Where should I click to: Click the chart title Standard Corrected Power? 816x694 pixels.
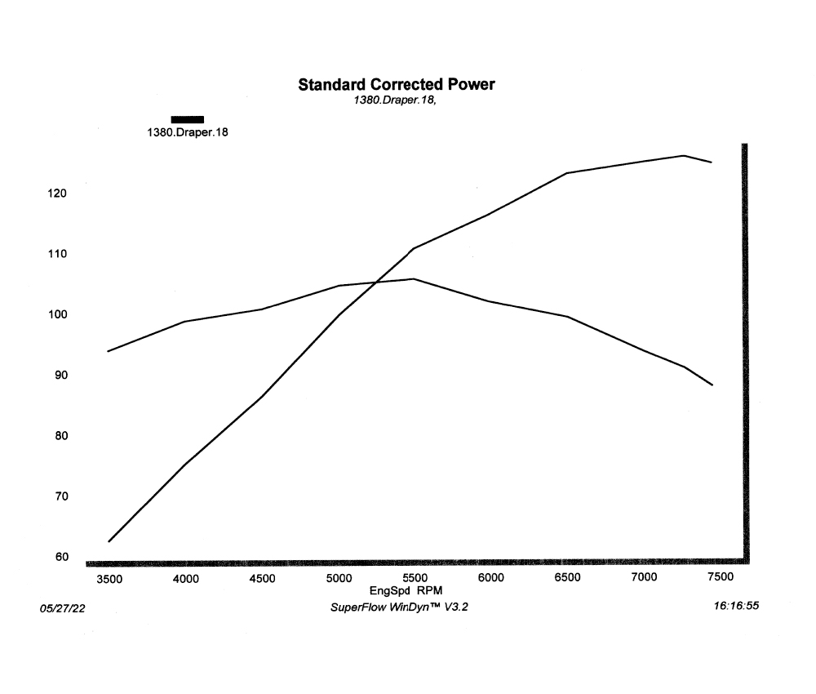pos(396,84)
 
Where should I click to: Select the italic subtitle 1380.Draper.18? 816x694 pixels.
pos(396,100)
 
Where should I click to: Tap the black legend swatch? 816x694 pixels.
pos(187,119)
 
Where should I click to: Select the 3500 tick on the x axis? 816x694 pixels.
pos(109,579)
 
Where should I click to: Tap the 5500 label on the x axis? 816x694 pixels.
pos(414,579)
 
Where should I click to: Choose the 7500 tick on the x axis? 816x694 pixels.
pos(719,579)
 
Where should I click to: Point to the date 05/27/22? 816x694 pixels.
pos(62,609)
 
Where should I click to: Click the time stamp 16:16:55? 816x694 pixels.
pos(736,607)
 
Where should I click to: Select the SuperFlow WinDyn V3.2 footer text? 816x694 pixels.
pos(399,607)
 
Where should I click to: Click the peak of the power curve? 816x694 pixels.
pos(683,155)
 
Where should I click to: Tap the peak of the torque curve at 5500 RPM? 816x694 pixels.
pos(414,278)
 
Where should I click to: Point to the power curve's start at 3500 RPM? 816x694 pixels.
pos(109,541)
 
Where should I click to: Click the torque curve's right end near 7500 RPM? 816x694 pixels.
pos(713,385)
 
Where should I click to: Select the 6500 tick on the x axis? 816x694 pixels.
pos(566,579)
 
